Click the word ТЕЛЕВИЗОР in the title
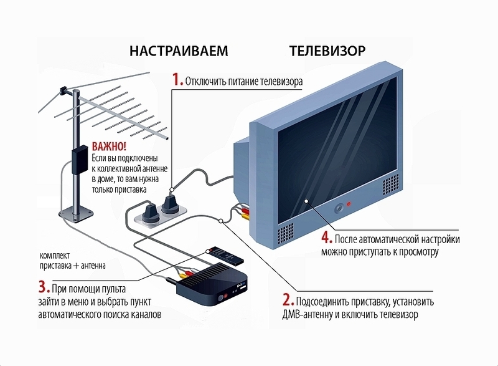(327, 51)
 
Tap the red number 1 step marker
(176, 81)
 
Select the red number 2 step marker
(286, 301)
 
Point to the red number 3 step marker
(43, 287)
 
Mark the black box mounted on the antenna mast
(79, 160)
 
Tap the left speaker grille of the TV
(283, 234)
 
